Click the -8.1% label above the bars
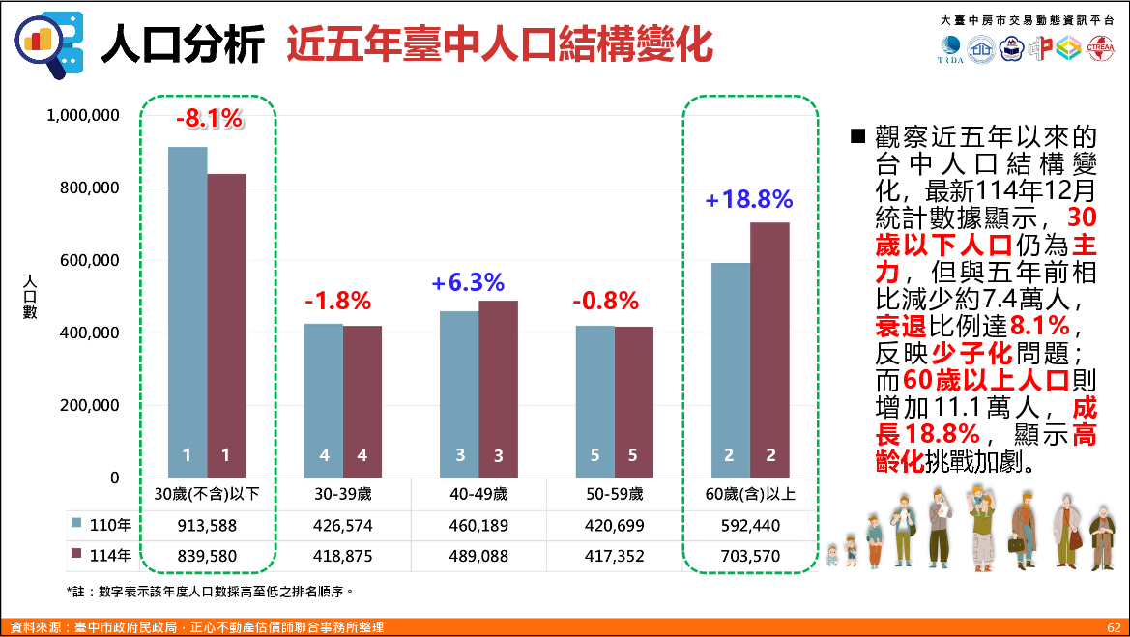click(209, 119)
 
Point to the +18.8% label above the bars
click(749, 200)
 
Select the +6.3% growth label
click(468, 283)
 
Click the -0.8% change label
click(606, 302)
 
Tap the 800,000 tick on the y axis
click(83, 188)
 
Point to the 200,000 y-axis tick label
click(83, 405)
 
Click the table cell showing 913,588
click(208, 526)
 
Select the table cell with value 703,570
click(750, 557)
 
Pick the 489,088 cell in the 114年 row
click(479, 557)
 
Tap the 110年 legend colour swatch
click(76, 524)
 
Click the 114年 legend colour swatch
click(76, 555)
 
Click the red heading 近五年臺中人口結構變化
click(499, 44)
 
